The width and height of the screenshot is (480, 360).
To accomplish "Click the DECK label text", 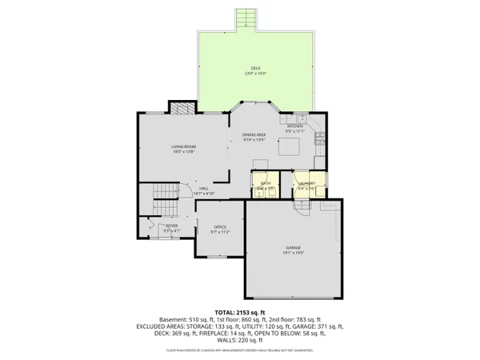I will (255, 69).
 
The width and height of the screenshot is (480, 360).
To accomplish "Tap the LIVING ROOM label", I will (183, 147).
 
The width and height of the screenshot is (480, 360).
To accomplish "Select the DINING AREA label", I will (254, 135).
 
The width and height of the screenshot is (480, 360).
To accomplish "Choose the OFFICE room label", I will (220, 227).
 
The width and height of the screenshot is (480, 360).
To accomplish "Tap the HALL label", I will (204, 188).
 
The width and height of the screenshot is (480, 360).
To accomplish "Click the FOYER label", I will (172, 226).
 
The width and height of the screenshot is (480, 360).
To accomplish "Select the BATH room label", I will (266, 184).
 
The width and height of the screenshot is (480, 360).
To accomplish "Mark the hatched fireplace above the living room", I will (184, 109).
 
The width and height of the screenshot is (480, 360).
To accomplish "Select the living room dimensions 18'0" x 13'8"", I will (183, 152).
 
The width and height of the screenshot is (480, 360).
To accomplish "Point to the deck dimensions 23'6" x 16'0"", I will (255, 74).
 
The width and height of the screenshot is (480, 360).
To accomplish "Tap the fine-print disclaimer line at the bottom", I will (239, 350).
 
